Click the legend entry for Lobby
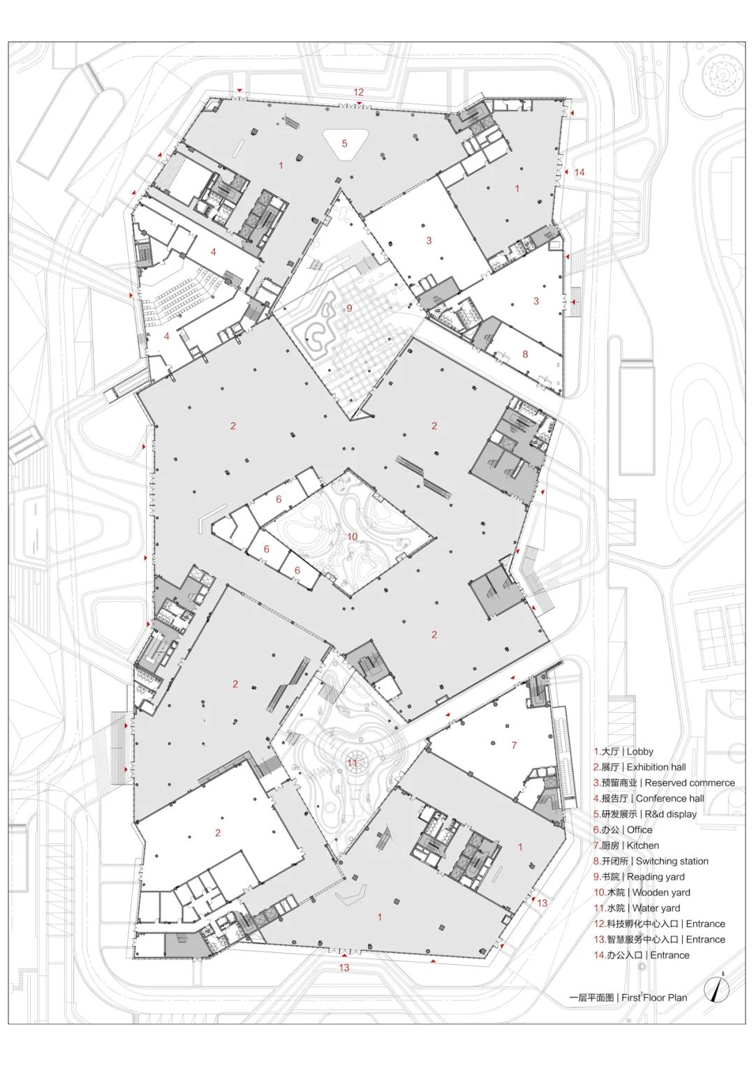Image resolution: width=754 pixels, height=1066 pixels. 623,751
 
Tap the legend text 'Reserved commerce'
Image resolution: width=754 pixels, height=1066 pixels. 664,783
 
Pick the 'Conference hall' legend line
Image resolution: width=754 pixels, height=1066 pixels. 649,798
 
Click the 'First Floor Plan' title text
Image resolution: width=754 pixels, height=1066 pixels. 628,998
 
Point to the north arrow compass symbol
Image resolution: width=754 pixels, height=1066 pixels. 720,989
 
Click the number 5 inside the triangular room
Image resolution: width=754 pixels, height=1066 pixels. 344,144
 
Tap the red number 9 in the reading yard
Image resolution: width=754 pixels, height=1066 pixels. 349,308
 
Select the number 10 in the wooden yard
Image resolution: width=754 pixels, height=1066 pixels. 352,537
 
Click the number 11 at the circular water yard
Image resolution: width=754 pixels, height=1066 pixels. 353,763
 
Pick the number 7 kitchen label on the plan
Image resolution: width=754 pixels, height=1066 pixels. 514,746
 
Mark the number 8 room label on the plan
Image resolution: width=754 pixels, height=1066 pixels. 526,354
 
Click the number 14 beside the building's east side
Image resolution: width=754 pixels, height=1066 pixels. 579,172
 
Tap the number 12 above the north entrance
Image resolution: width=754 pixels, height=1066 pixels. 358,92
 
